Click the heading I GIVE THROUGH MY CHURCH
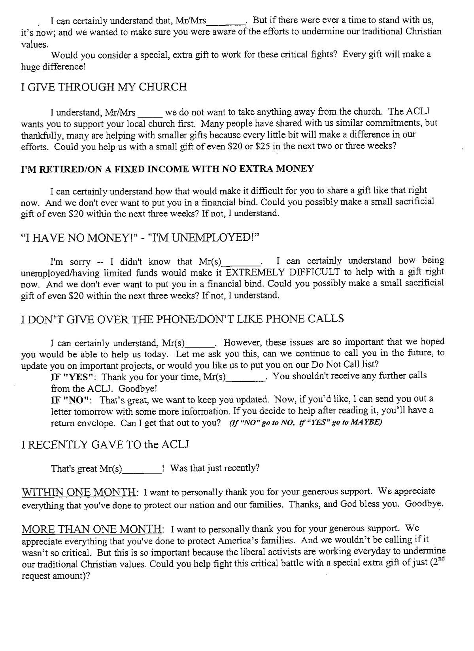tap(104, 87)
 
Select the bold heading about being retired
tap(167, 169)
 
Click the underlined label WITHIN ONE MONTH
tap(79, 492)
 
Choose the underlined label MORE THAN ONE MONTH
tap(91, 529)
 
